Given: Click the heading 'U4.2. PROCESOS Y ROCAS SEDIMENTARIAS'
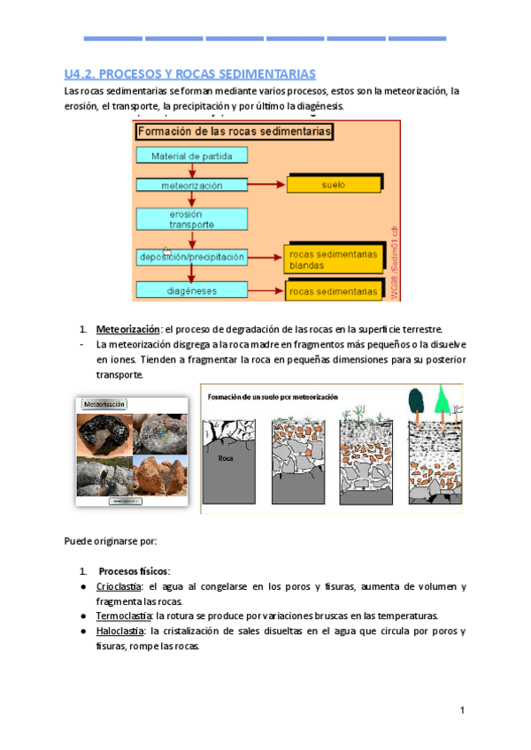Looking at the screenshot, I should click(x=190, y=73).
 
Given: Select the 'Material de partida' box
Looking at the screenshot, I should click(x=191, y=157).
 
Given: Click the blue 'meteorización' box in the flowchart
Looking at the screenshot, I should click(x=191, y=186).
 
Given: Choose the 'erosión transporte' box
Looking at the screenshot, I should click(x=191, y=219).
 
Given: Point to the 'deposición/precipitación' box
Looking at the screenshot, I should click(x=191, y=256).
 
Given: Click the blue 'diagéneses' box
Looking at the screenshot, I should click(x=191, y=289).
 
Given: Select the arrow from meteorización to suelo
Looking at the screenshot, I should click(x=265, y=186).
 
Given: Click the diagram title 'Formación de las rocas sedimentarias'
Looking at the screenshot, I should click(x=235, y=131).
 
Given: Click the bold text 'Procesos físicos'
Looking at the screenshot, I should click(x=134, y=570).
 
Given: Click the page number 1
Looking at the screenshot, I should click(x=462, y=711).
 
